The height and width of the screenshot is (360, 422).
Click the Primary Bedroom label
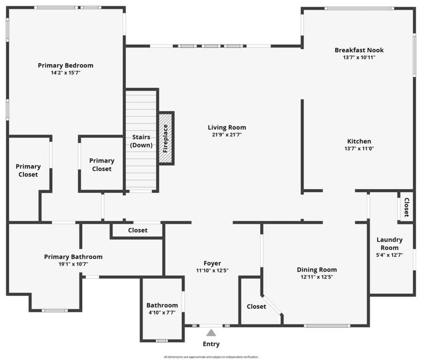[x=66, y=65]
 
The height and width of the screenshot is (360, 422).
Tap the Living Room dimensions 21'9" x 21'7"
[x=227, y=135]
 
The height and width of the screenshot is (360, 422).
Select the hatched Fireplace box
[x=166, y=138]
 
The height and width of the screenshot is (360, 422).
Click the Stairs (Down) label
[x=141, y=141]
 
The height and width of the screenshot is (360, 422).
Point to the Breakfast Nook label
[x=359, y=50]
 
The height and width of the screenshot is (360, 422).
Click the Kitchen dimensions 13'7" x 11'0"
[x=359, y=149]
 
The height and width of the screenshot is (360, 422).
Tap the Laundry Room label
[x=390, y=244]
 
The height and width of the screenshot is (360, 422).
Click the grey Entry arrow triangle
[x=212, y=332]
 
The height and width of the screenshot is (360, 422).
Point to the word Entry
[x=212, y=344]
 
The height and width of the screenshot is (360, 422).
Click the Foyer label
[x=212, y=263]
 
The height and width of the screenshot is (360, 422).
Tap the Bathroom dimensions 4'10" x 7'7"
[x=162, y=312]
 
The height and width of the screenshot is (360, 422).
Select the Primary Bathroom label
[x=73, y=257]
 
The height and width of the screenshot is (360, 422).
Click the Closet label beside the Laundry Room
[x=407, y=206]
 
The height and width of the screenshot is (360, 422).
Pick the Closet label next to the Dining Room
[x=256, y=306]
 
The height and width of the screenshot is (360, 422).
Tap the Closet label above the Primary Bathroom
[x=138, y=230]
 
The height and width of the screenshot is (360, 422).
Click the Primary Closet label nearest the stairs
[x=102, y=165]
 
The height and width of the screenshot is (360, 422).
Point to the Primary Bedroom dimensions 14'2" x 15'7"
[x=66, y=73]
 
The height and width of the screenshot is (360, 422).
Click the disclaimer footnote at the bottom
[x=211, y=357]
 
